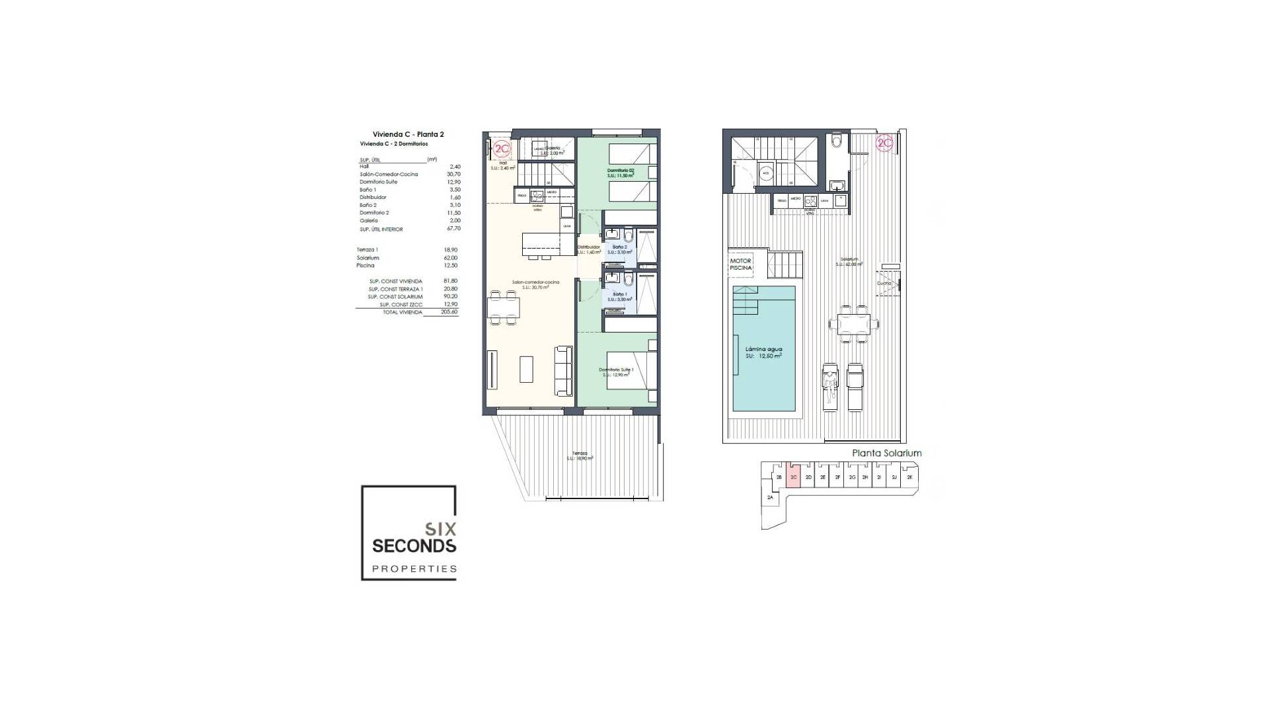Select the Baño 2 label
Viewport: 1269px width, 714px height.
click(619, 247)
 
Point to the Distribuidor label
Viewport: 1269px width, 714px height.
click(588, 247)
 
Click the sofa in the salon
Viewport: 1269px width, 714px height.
click(564, 371)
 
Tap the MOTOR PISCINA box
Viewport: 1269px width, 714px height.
click(741, 264)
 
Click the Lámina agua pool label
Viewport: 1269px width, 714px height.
click(763, 348)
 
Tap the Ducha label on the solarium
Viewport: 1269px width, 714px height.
click(884, 283)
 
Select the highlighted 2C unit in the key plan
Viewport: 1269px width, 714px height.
click(794, 477)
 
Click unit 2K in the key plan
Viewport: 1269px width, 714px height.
click(909, 477)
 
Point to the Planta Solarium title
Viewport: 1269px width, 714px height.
click(886, 453)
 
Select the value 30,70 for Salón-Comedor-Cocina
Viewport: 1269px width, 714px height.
click(453, 175)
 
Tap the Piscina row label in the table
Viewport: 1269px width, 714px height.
click(365, 265)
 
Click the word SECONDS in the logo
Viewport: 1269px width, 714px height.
click(414, 546)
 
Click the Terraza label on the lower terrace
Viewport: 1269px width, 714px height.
click(580, 453)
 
